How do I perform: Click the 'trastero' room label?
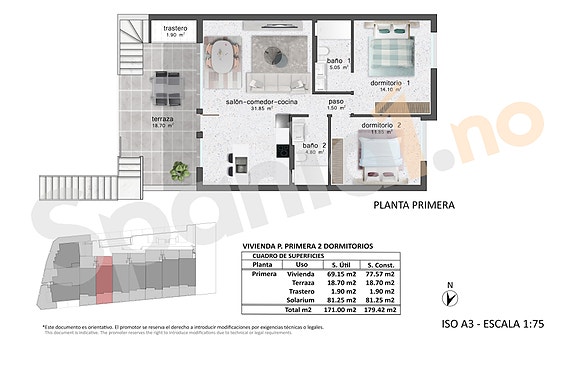(x=173, y=29)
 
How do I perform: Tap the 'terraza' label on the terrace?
(x=163, y=119)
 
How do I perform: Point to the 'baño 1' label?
(x=337, y=62)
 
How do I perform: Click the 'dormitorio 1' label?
(x=391, y=83)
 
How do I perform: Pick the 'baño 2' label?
(x=315, y=146)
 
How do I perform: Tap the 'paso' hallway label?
(x=337, y=102)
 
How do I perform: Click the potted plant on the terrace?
(x=180, y=171)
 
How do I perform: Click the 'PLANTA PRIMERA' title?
(x=413, y=205)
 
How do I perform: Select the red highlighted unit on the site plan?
(x=103, y=277)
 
